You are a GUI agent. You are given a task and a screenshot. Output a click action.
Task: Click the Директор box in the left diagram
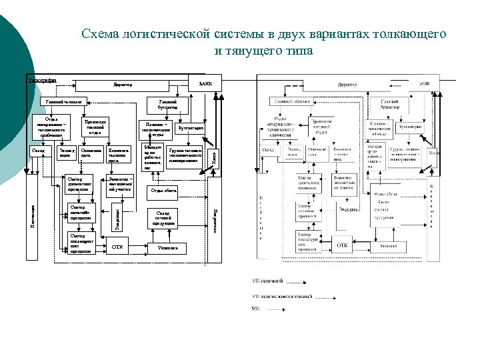tap(123, 85)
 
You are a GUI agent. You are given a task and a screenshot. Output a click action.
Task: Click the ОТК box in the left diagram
tap(118, 247)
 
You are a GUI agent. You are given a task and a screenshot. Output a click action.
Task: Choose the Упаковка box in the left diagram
tap(164, 247)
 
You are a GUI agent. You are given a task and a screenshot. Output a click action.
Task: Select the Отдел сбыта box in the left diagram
tap(164, 190)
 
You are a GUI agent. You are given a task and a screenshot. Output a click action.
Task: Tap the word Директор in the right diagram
tap(347, 85)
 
